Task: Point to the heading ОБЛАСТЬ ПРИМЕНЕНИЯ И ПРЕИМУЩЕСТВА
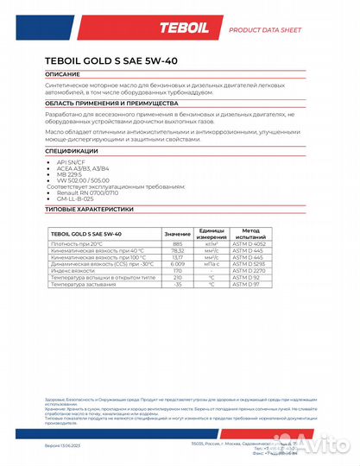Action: pos(108,102)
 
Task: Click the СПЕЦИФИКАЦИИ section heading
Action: pos(73,150)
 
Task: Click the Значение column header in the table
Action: pos(178,234)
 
